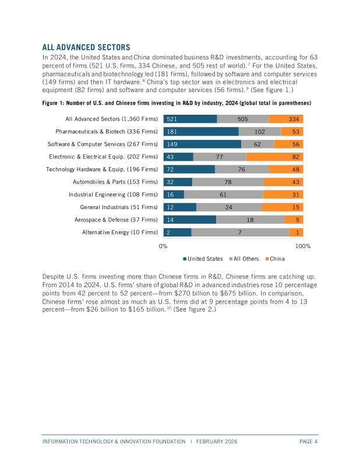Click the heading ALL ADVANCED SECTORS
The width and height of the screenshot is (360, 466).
click(86, 47)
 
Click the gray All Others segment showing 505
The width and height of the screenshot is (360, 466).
click(242, 119)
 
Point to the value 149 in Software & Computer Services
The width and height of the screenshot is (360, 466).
click(172, 144)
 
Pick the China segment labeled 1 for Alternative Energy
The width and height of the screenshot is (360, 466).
click(298, 232)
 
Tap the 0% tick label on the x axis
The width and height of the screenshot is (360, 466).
click(164, 246)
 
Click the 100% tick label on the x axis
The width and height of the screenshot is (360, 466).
click(303, 246)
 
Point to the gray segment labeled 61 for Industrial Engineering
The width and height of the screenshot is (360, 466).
click(223, 195)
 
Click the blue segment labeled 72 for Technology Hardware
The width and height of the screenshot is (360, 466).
click(189, 170)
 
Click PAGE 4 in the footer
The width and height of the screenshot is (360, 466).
click(308, 442)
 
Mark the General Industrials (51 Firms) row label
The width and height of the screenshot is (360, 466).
click(119, 207)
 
